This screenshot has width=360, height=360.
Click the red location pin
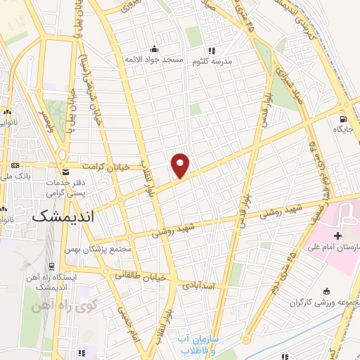(x=181, y=165)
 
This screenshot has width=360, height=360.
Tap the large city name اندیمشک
(x=63, y=217)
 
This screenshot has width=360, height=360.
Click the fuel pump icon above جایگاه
(x=343, y=118)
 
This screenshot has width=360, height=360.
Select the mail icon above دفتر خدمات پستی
(x=65, y=172)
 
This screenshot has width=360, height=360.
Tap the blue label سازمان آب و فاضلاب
(x=199, y=344)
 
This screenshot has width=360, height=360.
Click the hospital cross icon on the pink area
(x=338, y=235)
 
